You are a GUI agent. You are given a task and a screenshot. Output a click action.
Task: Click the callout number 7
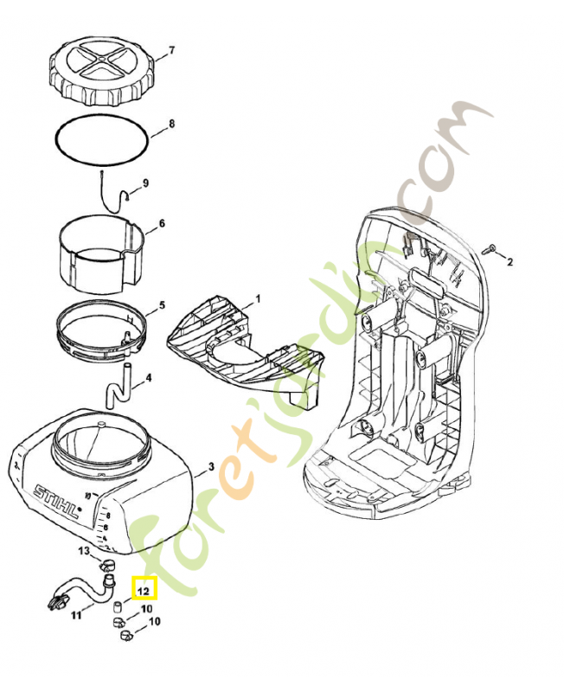tap(171, 50)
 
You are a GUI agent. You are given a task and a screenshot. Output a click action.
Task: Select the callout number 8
tap(171, 124)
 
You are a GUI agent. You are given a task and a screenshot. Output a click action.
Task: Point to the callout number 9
tap(145, 183)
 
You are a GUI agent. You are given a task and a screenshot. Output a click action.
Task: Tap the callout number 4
tap(149, 378)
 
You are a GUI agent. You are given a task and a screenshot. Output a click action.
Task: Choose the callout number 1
tap(257, 298)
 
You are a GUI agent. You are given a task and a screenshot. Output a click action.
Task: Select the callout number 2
tap(510, 261)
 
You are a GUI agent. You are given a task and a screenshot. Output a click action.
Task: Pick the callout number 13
tap(84, 550)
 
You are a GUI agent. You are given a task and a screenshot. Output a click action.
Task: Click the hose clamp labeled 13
tap(109, 566)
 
